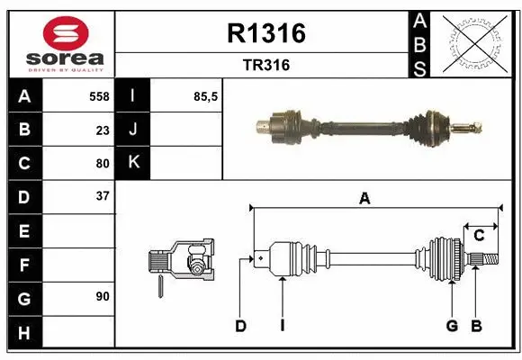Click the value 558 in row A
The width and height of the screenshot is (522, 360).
click(98, 96)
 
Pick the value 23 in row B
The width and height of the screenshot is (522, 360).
click(102, 130)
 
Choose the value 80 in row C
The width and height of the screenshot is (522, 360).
click(102, 163)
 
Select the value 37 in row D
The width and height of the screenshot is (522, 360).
click(102, 196)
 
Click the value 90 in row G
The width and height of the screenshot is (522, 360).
click(102, 295)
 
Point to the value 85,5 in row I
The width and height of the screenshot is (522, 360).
click(206, 96)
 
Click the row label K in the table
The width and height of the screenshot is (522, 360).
click(134, 163)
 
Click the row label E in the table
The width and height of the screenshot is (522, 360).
click(23, 230)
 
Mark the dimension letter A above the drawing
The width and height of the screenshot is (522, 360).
click(364, 199)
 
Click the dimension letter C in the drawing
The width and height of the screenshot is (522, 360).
click(479, 236)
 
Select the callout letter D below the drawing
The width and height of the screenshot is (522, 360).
click(240, 326)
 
